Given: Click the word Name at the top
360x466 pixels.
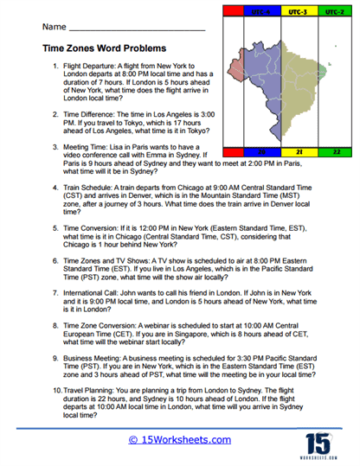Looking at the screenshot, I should [x=52, y=28].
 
